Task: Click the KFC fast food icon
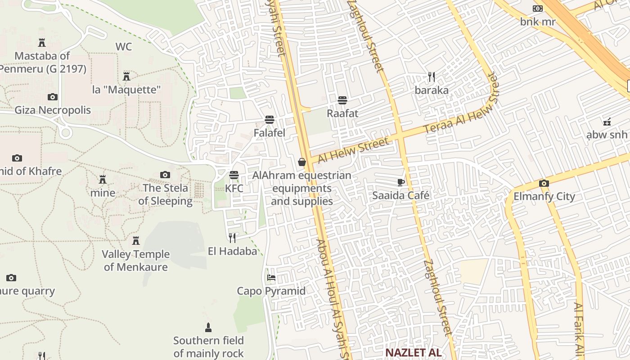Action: [234, 175]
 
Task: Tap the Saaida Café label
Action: [400, 196]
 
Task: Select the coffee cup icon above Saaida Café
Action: [400, 182]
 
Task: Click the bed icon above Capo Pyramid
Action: [271, 278]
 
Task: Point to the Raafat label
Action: [342, 113]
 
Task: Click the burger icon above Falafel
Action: [270, 120]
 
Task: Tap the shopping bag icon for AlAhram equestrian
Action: [302, 162]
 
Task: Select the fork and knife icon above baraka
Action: [432, 77]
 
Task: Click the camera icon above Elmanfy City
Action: [544, 183]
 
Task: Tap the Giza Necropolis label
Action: [53, 110]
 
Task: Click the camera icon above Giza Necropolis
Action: [53, 97]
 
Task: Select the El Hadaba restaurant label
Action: [232, 251]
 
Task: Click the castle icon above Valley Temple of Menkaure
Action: [136, 241]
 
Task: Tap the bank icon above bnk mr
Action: [538, 9]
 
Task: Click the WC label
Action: [124, 47]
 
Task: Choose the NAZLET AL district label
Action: [413, 352]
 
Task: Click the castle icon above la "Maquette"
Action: [126, 76]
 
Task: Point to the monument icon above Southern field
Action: [208, 327]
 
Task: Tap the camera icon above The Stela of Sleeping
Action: [165, 175]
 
